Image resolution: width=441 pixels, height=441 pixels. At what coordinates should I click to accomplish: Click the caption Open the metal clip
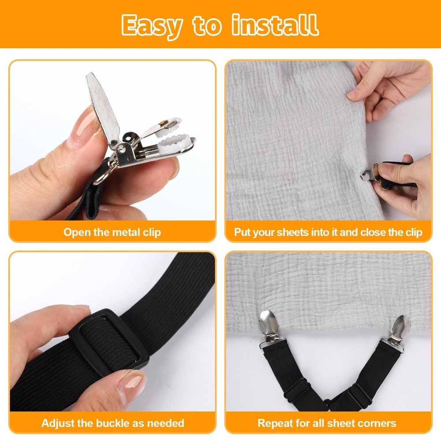(112, 232)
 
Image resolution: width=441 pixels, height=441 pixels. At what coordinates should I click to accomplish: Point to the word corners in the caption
(375, 423)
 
